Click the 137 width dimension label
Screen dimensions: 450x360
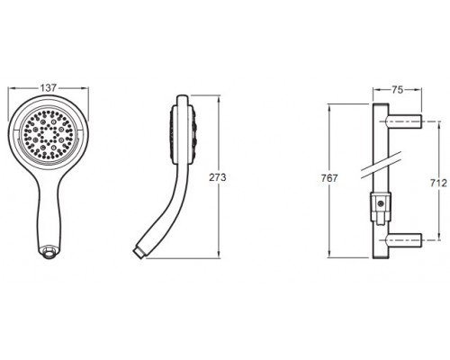[x=49, y=88]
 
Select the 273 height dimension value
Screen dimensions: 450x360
[x=218, y=177]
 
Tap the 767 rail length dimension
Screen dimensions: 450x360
[x=329, y=178]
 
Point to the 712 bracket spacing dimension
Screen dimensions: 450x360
[x=438, y=183]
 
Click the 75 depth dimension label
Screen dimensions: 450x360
[x=397, y=90]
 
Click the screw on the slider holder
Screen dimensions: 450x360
[x=381, y=204]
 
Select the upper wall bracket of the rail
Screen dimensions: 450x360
[x=405, y=121]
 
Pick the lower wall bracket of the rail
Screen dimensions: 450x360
[x=405, y=240]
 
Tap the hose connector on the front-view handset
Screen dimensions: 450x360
[x=49, y=251]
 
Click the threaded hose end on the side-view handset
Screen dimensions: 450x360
[x=139, y=252]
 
